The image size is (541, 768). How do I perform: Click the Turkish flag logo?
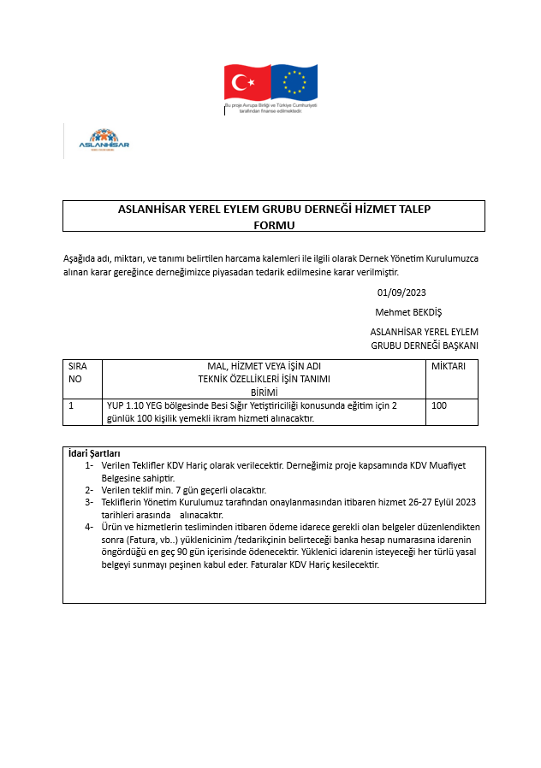[247, 82]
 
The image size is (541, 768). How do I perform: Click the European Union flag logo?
[294, 82]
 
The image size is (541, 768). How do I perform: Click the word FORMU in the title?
[274, 225]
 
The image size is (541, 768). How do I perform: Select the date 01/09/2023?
[401, 292]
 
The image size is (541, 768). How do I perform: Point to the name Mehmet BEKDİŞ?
[408, 312]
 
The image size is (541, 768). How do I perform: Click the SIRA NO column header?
[77, 372]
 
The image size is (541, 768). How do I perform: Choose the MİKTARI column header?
[449, 366]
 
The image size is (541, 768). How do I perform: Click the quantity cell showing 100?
[439, 405]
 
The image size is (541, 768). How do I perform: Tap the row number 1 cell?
[71, 405]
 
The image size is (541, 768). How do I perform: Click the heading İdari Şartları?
[94, 453]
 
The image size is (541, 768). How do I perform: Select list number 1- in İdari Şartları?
[89, 465]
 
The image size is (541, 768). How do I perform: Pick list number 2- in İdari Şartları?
[89, 490]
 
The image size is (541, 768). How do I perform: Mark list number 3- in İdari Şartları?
[89, 502]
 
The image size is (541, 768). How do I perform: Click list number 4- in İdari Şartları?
[89, 527]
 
